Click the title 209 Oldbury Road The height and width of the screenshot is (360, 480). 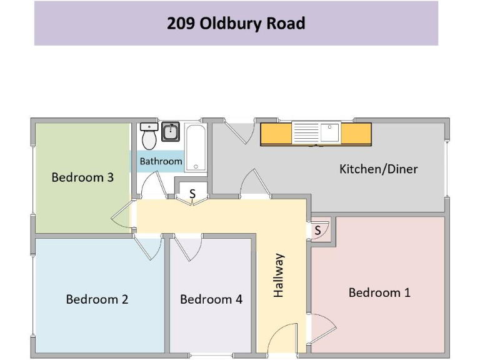tap(236, 24)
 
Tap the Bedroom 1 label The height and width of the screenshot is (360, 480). tap(379, 292)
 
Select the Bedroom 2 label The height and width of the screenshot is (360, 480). tap(97, 299)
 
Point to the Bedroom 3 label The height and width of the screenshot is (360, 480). tap(82, 177)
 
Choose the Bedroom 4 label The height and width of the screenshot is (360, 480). tap(211, 299)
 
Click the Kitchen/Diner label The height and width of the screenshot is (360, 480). tap(378, 169)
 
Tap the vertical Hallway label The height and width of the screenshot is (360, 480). tap(279, 275)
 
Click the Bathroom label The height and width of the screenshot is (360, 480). tap(161, 161)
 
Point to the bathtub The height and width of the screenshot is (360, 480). tap(195, 147)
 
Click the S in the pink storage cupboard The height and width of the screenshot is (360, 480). tap(317, 231)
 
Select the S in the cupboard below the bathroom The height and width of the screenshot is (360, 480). tap(192, 194)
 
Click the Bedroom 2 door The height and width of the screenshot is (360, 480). tap(151, 247)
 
